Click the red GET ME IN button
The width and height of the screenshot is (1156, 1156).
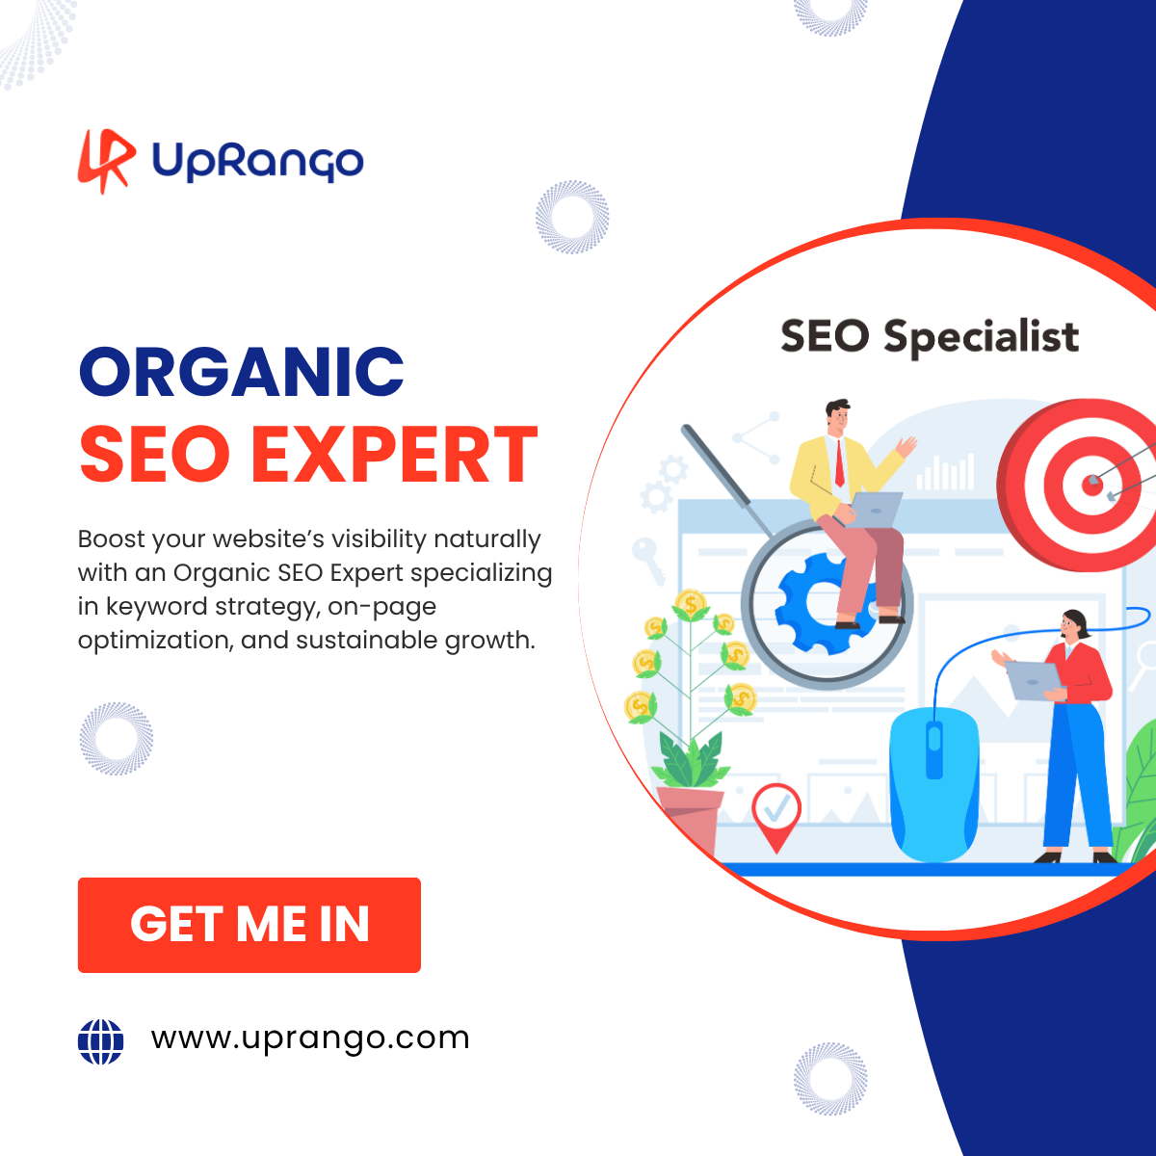(x=249, y=925)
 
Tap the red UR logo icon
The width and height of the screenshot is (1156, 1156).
(x=107, y=161)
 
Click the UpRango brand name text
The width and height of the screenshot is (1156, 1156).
(x=258, y=162)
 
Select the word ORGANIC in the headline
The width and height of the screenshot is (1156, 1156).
(x=241, y=372)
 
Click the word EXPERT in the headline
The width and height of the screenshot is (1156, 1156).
(x=394, y=454)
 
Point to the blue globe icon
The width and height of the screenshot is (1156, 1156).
(x=101, y=1041)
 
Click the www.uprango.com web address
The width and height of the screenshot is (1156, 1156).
(x=310, y=1039)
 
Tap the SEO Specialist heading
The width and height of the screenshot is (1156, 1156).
(x=930, y=336)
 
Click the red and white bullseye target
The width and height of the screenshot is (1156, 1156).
(x=1080, y=485)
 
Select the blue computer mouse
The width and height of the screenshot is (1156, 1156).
(x=934, y=783)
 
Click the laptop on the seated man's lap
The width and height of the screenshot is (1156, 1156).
(x=875, y=510)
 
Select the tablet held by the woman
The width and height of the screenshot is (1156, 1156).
(x=1034, y=681)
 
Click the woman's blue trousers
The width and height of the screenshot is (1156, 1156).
(x=1076, y=775)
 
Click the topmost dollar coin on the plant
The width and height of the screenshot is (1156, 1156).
(x=691, y=603)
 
